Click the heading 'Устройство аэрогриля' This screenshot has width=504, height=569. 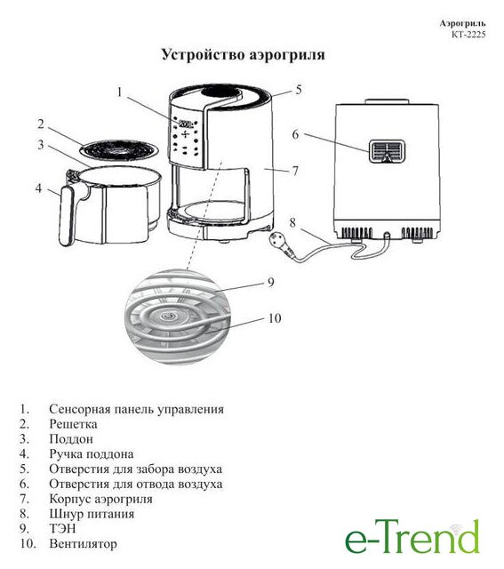click(x=243, y=55)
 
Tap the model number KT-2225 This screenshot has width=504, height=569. click(x=468, y=35)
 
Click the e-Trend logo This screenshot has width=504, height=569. click(x=412, y=537)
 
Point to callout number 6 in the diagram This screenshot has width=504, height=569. click(x=296, y=134)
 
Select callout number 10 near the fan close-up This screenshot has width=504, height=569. click(x=275, y=318)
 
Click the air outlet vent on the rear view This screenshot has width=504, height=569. click(x=388, y=151)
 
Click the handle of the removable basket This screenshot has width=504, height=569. click(x=66, y=215)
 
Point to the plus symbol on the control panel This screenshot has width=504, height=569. click(x=186, y=134)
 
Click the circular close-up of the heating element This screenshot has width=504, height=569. click(x=178, y=317)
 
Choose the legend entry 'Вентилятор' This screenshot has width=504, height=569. click(x=83, y=543)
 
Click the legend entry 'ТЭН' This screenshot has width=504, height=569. click(x=62, y=528)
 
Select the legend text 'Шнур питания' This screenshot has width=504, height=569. click(x=92, y=514)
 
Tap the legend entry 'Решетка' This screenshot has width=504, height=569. click(x=73, y=424)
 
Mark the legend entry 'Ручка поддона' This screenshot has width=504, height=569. click(x=92, y=453)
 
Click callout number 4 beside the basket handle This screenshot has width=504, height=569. click(x=39, y=188)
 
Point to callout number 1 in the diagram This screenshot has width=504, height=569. click(x=120, y=92)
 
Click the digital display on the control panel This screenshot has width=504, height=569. click(x=186, y=123)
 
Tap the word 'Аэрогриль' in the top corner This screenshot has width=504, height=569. click(x=462, y=23)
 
